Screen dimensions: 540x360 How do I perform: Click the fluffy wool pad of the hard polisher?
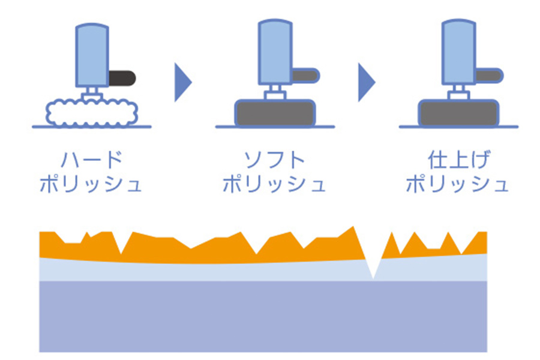click(92, 113)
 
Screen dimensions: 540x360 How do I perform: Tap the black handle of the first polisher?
click(122, 78)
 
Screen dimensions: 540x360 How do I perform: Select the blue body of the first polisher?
click(92, 55)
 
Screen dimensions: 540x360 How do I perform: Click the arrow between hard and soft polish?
click(183, 82)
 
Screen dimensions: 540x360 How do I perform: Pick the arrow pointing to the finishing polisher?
click(367, 82)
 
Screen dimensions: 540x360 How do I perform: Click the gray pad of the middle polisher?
click(275, 113)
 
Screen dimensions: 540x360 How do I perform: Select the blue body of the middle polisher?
click(275, 52)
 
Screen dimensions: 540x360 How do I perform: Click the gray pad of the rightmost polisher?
click(458, 113)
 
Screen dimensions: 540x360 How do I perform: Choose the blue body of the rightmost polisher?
click(459, 52)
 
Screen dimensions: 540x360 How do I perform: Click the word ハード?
click(92, 160)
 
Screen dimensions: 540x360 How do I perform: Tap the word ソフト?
click(274, 160)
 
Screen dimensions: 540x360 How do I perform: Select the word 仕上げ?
click(458, 160)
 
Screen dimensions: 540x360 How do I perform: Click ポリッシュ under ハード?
click(91, 183)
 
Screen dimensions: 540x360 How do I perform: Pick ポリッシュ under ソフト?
click(274, 183)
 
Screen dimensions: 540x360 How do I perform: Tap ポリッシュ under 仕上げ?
click(457, 183)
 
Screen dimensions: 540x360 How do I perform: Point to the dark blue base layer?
click(263, 316)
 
